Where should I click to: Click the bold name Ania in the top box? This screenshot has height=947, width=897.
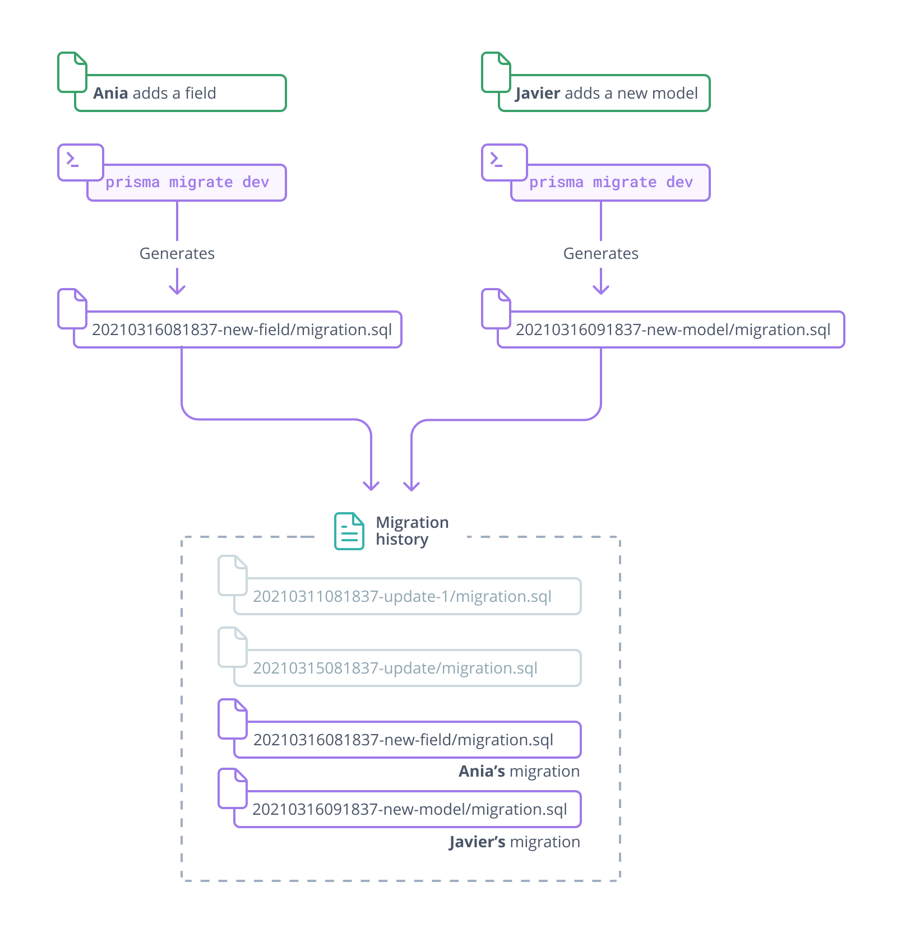coord(110,93)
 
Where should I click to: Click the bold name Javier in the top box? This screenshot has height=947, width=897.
coord(538,93)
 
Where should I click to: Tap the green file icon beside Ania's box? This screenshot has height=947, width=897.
coord(72,72)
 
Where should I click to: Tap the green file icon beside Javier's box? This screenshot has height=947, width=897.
coord(496,72)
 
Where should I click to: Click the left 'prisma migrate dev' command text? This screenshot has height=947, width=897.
coord(187,183)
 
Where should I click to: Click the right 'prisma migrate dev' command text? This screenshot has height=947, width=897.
coord(611,183)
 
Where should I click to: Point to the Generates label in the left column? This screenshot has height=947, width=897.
coord(177,254)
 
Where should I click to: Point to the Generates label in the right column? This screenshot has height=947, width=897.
coord(600,254)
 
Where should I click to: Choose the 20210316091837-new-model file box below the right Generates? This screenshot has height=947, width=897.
coord(673,329)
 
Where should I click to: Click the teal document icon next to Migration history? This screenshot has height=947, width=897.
coord(349,531)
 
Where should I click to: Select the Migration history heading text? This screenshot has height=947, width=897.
coord(411,531)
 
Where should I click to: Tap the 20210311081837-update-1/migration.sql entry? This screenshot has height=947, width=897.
coord(402,596)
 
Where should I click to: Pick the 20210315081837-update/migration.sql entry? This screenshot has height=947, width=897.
coord(395,668)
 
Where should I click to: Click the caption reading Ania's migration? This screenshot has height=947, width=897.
coord(519,772)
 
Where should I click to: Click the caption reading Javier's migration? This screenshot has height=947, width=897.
coord(514,842)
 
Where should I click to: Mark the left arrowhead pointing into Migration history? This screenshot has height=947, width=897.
coord(371,486)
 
